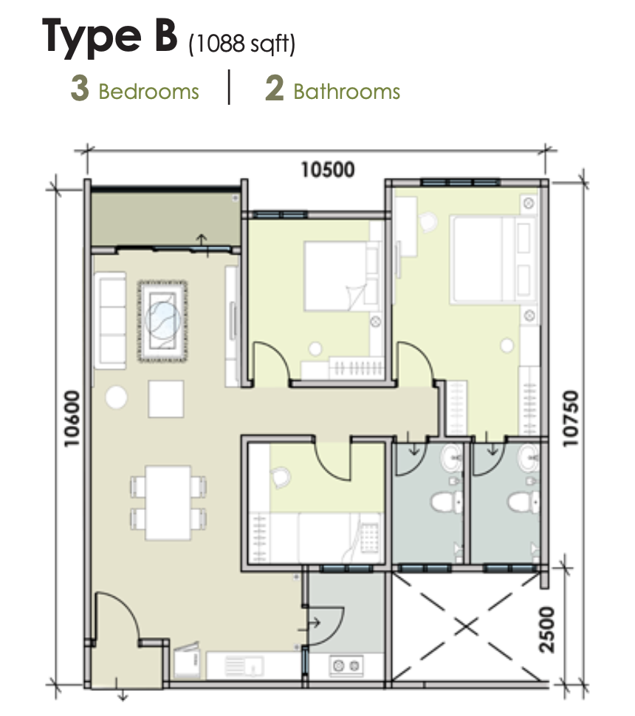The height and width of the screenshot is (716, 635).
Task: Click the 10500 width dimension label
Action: pyautogui.click(x=328, y=170)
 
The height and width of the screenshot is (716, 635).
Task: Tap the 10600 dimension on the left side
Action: pyautogui.click(x=72, y=419)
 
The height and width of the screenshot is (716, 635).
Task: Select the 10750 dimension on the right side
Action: pyautogui.click(x=570, y=419)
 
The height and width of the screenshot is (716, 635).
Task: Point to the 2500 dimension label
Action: pyautogui.click(x=547, y=630)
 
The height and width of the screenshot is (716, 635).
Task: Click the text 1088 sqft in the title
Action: pyautogui.click(x=242, y=44)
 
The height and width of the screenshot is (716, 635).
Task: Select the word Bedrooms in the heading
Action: pyautogui.click(x=149, y=92)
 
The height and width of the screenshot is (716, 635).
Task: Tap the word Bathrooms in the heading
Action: pyautogui.click(x=347, y=92)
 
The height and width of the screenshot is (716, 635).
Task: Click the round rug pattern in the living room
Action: pyautogui.click(x=162, y=320)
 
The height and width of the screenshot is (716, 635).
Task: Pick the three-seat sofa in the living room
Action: pyautogui.click(x=109, y=320)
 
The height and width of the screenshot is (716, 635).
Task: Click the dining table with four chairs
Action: pyautogui.click(x=168, y=503)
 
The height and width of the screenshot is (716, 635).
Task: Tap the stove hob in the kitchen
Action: pyautogui.click(x=346, y=667)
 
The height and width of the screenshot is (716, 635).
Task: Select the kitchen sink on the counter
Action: pyautogui.click(x=244, y=667)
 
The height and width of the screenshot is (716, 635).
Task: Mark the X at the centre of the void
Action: pyautogui.click(x=467, y=628)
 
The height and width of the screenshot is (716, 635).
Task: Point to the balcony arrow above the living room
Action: pyautogui.click(x=201, y=244)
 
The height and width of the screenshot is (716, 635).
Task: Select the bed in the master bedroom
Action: pyautogui.click(x=493, y=260)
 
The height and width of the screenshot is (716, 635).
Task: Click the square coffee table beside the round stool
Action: pyautogui.click(x=166, y=399)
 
